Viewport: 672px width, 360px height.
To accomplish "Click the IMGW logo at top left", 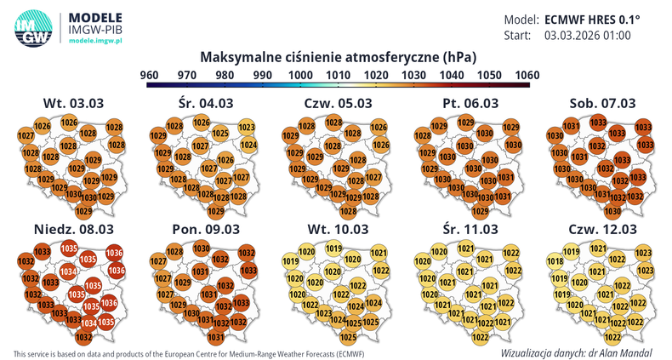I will click(32, 27).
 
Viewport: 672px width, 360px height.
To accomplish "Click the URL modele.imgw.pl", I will click(96, 42).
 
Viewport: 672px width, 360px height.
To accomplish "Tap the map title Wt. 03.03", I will click(73, 104).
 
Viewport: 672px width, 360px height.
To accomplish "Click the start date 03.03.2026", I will click(574, 36).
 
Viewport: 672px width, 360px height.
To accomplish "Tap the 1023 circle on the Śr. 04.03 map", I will click(248, 129).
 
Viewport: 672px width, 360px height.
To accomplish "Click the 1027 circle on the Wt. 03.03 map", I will click(26, 136).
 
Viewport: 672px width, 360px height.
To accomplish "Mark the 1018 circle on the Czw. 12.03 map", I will click(555, 261).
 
